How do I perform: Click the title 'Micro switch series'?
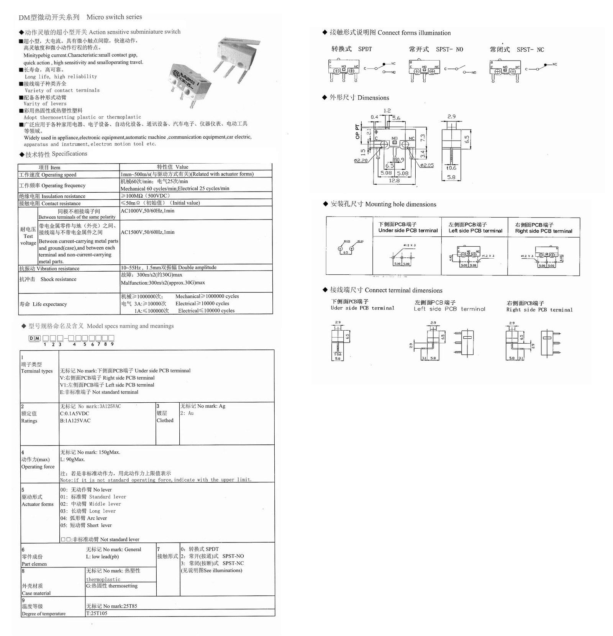tap(114, 17)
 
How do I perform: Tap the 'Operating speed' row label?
tap(48, 175)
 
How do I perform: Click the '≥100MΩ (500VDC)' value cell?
tap(146, 196)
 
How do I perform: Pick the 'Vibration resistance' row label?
tap(49, 269)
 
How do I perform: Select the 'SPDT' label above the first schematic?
tap(365, 49)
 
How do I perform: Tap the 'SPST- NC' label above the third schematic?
tap(530, 50)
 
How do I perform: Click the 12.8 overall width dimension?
tap(394, 180)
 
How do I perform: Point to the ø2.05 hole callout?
tap(426, 165)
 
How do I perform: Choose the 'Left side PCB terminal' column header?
tap(475, 228)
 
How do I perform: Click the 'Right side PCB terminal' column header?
tap(543, 228)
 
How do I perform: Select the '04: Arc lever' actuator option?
tap(84, 518)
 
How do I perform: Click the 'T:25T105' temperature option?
tap(97, 613)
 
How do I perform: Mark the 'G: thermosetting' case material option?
tap(112, 586)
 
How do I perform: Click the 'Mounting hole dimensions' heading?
tap(400, 204)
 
